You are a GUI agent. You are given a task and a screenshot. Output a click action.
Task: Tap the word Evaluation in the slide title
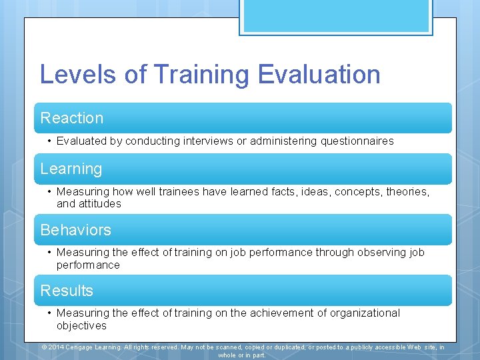pos(319,74)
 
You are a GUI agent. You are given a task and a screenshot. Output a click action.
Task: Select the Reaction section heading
pos(72,118)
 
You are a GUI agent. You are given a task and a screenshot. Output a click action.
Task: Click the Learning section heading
pos(71,169)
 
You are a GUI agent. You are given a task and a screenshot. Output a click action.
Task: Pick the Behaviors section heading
pos(76,230)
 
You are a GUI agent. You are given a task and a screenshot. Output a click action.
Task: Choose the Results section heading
pos(67,291)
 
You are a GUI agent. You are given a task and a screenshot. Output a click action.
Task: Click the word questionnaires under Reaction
pos(351,141)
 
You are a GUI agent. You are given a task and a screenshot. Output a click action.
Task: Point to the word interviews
pos(200,141)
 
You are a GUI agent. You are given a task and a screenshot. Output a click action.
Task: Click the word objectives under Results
pos(81,326)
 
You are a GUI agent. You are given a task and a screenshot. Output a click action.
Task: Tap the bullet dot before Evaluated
pos(50,141)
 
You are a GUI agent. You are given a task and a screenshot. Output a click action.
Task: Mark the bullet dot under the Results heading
pos(50,313)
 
